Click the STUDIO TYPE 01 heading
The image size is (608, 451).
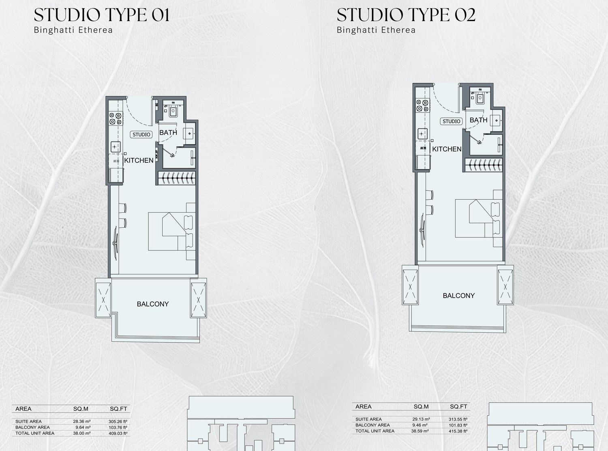click(101, 15)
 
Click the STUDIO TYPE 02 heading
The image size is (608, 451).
click(406, 15)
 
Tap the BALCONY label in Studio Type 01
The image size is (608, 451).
click(153, 304)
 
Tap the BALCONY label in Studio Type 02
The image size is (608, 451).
click(458, 296)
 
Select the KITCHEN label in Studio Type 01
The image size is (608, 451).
click(139, 160)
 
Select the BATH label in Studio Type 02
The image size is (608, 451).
click(478, 120)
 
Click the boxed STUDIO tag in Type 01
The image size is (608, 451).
click(141, 134)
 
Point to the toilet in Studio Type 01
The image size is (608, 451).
click(173, 111)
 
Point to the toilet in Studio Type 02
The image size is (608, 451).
click(480, 98)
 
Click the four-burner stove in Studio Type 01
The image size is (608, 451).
click(116, 119)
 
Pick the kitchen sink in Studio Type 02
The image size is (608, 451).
click(422, 134)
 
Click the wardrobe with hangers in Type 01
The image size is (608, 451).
click(177, 178)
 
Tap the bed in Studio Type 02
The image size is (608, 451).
click(479, 218)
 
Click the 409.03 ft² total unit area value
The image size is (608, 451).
click(118, 433)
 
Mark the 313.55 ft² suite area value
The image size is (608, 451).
click(458, 419)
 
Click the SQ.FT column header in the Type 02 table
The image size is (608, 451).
click(458, 406)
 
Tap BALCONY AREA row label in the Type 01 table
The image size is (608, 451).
click(32, 427)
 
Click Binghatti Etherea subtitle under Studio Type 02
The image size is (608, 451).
click(376, 30)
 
